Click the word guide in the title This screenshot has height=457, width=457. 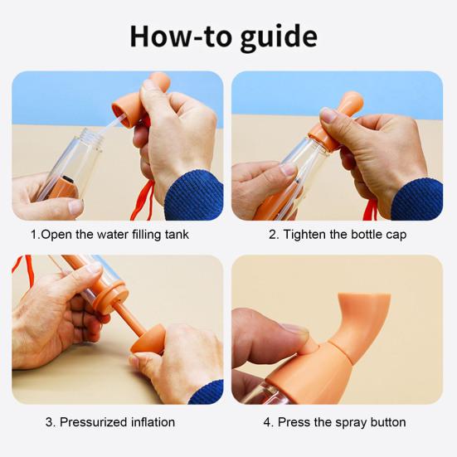tap(279, 37)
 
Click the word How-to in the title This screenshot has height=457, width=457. tap(181, 36)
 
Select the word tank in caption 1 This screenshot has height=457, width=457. tap(177, 235)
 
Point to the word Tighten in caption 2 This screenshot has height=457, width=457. tap(305, 235)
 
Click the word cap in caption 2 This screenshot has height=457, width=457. tap(396, 236)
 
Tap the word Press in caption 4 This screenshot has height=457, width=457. tap(294, 422)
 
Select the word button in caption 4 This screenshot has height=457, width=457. tap(388, 422)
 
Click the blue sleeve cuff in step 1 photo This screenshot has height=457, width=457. tap(194, 196)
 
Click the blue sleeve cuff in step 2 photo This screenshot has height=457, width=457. tap(417, 200)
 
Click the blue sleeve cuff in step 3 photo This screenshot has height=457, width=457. tap(207, 392)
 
